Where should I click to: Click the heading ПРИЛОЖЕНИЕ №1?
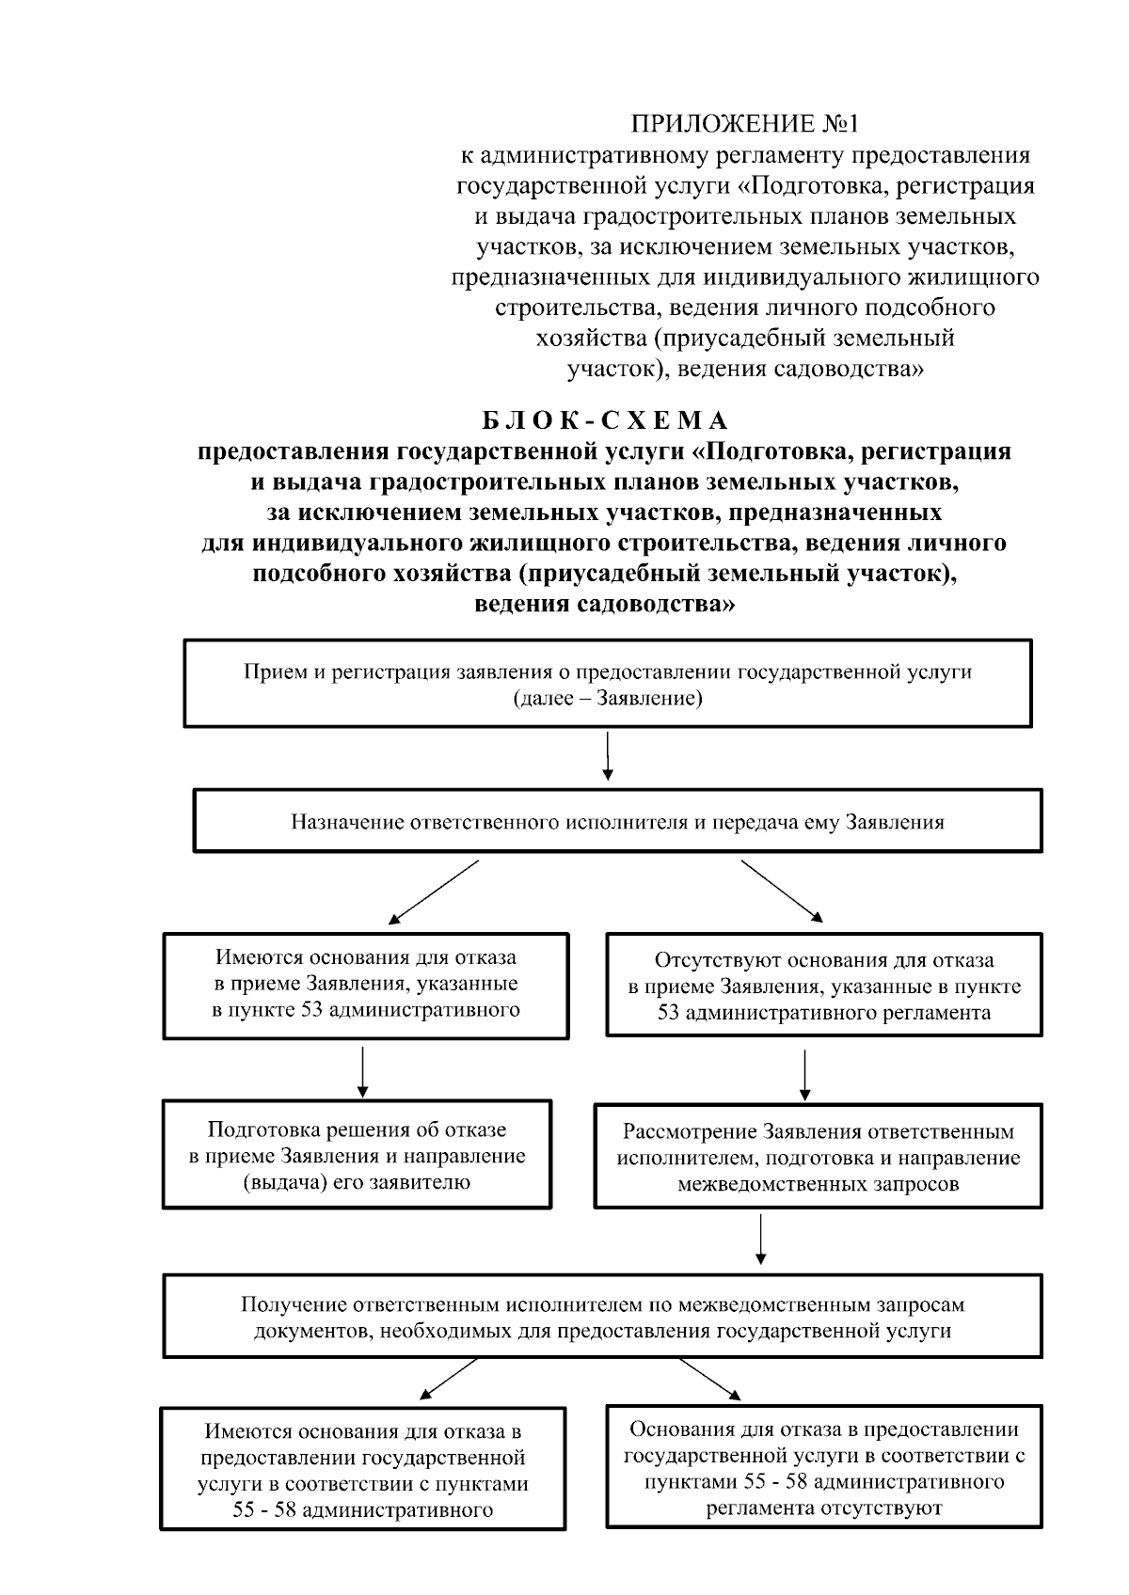[745, 124]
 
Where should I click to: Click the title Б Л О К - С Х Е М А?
[606, 419]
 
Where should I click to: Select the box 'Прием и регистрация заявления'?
[608, 684]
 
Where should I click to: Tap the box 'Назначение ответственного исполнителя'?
[617, 821]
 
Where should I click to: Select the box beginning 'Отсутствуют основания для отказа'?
[823, 986]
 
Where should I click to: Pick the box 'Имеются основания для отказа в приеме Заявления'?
[366, 984]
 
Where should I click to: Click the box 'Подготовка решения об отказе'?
[357, 1155]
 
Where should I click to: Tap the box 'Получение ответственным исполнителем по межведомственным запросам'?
[602, 1317]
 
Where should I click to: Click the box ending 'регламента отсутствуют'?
[823, 1468]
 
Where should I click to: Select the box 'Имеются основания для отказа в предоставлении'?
[363, 1470]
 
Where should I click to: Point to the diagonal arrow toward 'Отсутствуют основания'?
[781, 890]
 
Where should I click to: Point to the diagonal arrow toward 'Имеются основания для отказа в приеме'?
[434, 891]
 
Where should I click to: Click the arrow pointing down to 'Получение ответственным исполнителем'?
[760, 1240]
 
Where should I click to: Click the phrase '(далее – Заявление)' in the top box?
[608, 700]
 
